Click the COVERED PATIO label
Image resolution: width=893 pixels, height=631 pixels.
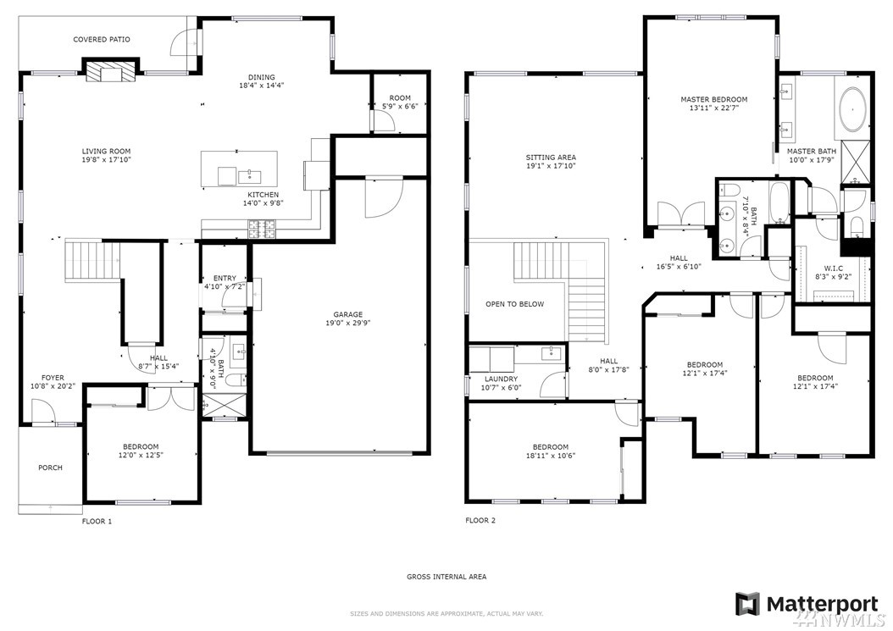coord(102,39)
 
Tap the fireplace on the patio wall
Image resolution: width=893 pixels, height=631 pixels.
coord(112,70)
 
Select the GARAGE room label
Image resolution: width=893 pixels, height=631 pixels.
coord(348,314)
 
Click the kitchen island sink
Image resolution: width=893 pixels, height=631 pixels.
coord(249,175)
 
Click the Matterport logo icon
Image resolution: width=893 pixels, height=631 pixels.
coord(747,605)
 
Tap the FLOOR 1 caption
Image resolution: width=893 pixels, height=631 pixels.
coord(97,521)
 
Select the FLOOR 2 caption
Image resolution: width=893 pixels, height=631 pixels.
coord(480,520)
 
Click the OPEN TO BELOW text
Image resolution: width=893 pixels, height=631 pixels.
coord(515,304)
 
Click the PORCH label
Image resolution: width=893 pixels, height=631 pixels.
coord(50,468)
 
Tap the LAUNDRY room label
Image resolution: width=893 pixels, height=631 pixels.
coord(502,379)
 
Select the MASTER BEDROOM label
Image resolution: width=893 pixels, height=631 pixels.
coord(713,99)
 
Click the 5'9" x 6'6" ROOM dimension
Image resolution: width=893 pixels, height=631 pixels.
coord(400,106)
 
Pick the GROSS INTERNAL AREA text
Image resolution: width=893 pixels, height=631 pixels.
coord(446,576)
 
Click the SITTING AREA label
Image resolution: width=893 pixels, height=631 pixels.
coord(551,158)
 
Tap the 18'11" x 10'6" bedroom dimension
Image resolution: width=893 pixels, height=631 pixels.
coord(550,455)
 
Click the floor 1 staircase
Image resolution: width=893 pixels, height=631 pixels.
coord(92,260)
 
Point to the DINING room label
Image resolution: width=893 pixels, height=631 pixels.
coord(262,77)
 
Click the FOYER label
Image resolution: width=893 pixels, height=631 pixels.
coord(53,378)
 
